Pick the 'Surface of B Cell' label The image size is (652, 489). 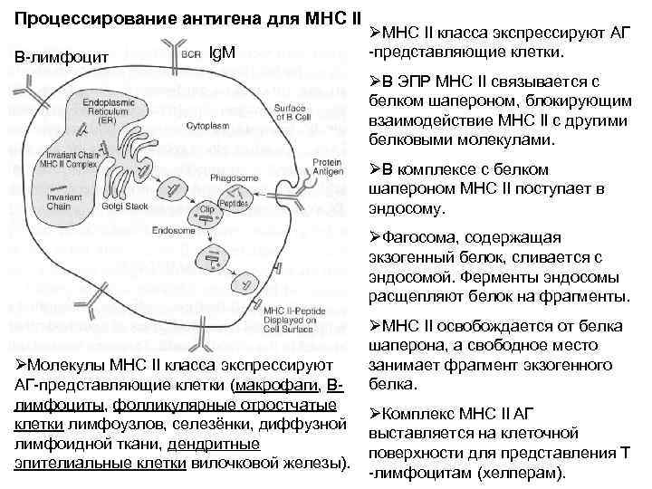[x=263, y=111]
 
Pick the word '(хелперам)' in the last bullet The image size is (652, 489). [x=522, y=474]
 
